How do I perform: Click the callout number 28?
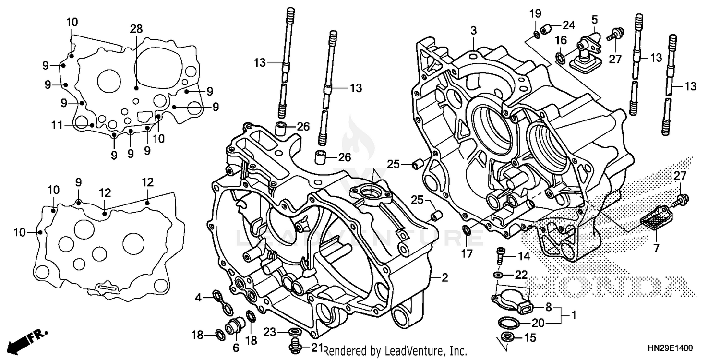tap(136, 29)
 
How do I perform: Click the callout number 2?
tap(444, 277)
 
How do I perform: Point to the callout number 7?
tap(656, 249)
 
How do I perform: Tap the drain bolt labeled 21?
tap(294, 344)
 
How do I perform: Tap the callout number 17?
tap(467, 252)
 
